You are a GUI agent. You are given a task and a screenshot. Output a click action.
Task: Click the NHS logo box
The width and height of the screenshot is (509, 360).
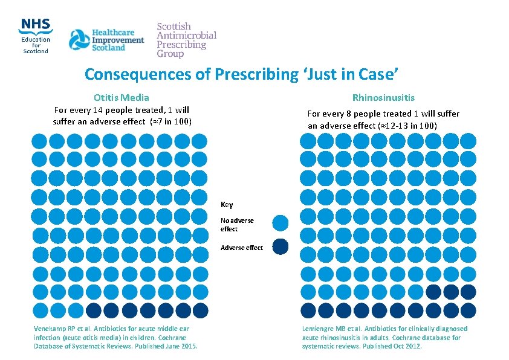click(x=35, y=25)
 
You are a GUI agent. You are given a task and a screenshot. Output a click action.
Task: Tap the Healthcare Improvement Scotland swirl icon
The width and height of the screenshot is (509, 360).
click(x=79, y=40)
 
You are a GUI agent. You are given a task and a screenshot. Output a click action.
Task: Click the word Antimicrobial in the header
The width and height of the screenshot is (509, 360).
click(x=186, y=36)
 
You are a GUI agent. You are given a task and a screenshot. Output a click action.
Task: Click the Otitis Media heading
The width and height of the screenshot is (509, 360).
click(x=122, y=97)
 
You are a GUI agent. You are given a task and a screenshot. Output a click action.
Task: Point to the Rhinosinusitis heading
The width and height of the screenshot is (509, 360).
click(x=383, y=97)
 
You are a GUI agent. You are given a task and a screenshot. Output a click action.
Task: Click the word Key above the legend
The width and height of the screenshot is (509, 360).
click(x=227, y=205)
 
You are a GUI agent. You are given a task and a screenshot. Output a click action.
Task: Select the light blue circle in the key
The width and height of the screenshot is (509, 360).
click(x=280, y=223)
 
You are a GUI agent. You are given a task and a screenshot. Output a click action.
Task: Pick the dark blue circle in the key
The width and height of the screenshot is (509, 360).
click(x=280, y=246)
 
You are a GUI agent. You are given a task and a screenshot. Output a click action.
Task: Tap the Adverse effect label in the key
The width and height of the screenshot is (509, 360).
click(x=242, y=248)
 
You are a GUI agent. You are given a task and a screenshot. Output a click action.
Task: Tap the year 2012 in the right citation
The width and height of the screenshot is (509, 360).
click(x=413, y=346)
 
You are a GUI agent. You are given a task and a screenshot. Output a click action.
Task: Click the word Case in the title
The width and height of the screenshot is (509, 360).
click(x=377, y=74)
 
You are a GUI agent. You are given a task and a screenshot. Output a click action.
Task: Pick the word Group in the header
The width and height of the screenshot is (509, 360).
click(x=170, y=54)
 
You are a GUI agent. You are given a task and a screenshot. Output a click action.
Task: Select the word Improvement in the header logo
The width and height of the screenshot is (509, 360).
click(x=118, y=40)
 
